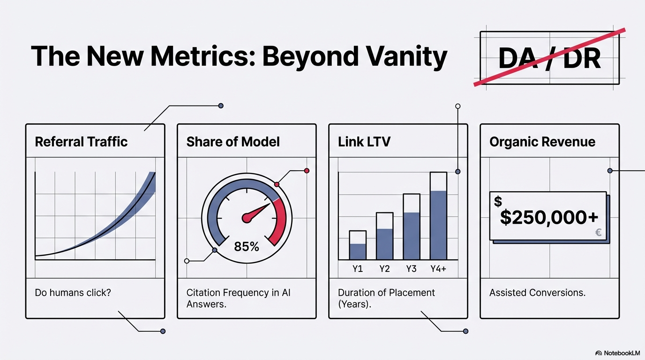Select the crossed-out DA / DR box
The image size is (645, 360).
pos(549,58)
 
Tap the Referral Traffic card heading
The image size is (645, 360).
pos(81,142)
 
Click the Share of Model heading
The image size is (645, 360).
pos(233,142)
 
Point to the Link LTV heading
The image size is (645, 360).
pos(364,142)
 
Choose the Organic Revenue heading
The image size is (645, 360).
pos(542,142)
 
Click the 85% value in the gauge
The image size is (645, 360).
pos(247,246)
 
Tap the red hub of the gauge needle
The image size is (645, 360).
pos(247,217)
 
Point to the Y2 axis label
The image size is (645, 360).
pos(384,269)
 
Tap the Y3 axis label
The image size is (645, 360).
pos(411,269)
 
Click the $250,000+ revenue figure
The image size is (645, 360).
pos(549,217)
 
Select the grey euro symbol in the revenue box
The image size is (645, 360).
pos(598,232)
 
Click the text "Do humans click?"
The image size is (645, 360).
pos(73,293)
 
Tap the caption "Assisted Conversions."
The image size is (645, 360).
pos(537,293)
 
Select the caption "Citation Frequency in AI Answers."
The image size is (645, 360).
pos(239,298)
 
